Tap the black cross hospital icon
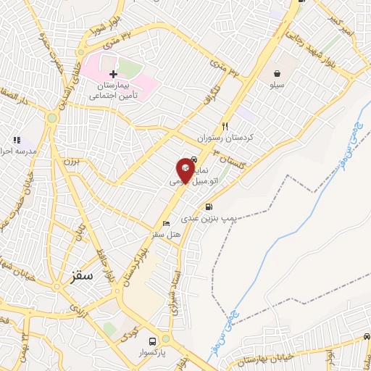click(113, 74)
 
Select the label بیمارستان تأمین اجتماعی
click(115, 90)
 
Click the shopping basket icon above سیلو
click(278, 73)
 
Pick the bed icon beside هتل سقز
click(166, 224)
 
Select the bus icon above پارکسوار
click(152, 341)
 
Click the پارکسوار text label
click(153, 353)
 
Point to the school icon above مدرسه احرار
click(16, 139)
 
